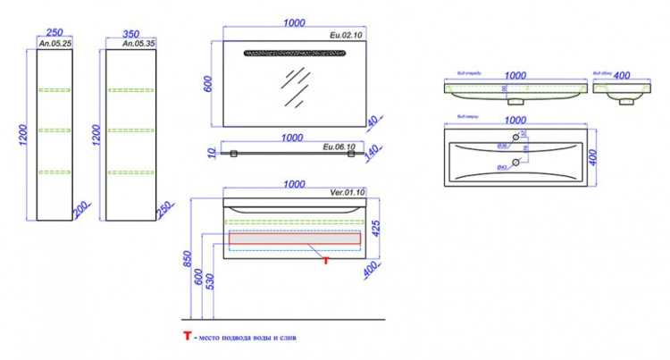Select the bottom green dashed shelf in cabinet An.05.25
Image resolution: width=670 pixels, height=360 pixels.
tap(54, 171)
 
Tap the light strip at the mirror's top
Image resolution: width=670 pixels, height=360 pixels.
tap(290, 53)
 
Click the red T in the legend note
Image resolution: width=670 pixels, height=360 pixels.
tap(187, 338)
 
